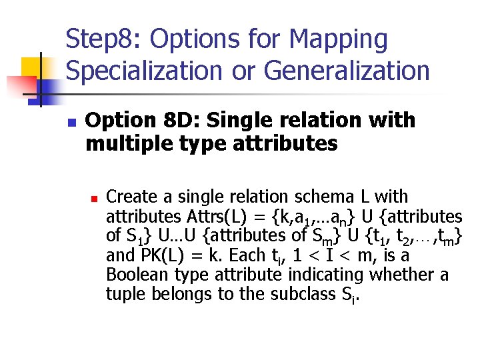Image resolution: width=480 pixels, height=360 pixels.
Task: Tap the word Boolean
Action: pyautogui.click(x=135, y=275)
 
